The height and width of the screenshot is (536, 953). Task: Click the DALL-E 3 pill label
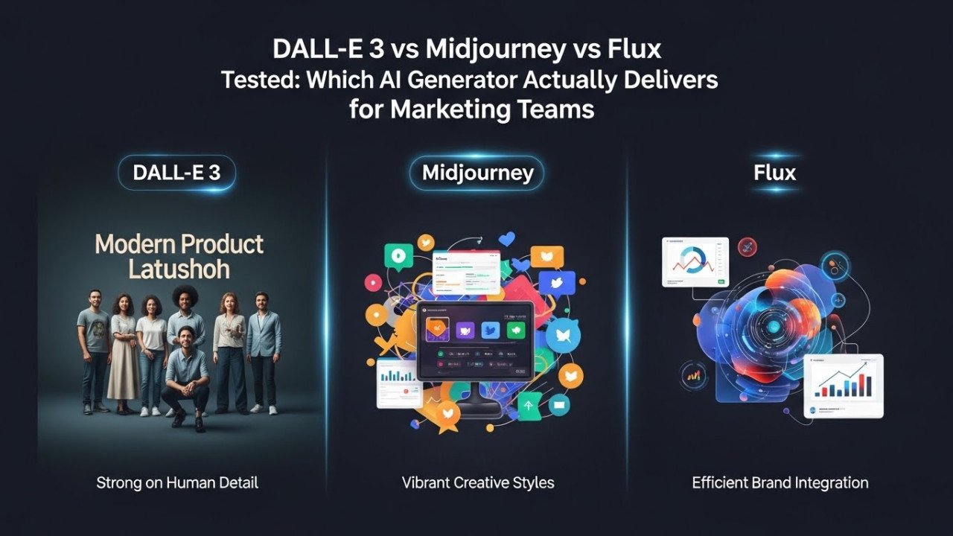(x=176, y=173)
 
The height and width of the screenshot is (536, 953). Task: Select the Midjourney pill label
(x=477, y=173)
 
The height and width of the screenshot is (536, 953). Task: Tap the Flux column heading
(x=774, y=173)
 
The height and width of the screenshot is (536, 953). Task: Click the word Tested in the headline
(x=258, y=80)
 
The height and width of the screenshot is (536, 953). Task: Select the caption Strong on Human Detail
(x=177, y=482)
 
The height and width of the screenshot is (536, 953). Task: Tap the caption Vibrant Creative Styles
(x=478, y=482)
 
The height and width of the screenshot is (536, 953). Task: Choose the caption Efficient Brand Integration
(x=780, y=482)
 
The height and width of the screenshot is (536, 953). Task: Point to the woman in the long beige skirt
(x=123, y=350)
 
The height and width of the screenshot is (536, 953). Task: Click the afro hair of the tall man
(x=185, y=296)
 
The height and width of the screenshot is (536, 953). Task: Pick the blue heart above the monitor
(x=508, y=240)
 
